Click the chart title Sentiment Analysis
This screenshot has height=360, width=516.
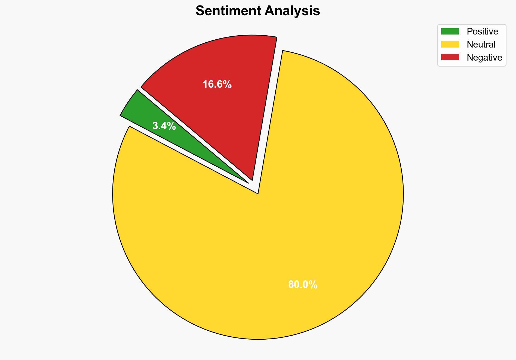[x=258, y=11]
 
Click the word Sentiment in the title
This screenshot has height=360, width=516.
[x=228, y=11]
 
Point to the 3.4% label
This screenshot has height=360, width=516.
[x=164, y=126]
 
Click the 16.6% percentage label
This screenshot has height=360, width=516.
[x=217, y=84]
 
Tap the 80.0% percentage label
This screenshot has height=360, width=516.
[x=303, y=285]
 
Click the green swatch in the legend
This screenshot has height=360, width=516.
[x=450, y=32]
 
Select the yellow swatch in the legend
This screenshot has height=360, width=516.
[x=450, y=44]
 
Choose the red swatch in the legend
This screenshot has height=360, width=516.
[x=450, y=57]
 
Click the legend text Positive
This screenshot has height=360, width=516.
[x=482, y=32]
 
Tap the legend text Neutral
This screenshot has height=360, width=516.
[x=481, y=44]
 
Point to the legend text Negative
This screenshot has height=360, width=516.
[x=484, y=57]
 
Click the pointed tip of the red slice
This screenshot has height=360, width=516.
[x=252, y=180]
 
